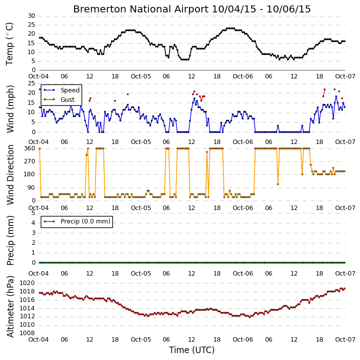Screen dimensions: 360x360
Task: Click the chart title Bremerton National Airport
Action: point(141,9)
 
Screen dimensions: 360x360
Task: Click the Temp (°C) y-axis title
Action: point(9,44)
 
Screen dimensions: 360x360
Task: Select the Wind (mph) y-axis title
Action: point(10,109)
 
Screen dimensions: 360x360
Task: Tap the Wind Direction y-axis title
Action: point(10,175)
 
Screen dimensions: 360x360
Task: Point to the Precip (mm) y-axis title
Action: point(10,241)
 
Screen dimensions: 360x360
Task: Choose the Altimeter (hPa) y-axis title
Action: point(10,306)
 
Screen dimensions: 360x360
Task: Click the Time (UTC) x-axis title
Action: point(192,350)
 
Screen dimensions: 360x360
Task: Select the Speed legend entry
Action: point(62,90)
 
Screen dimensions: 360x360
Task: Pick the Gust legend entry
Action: point(59,100)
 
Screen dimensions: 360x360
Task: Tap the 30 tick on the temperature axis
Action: point(31,16)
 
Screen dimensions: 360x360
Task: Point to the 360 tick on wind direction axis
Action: point(30,148)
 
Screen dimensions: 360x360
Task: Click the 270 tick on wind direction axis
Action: point(30,161)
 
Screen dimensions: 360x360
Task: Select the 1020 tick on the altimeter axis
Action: point(27,283)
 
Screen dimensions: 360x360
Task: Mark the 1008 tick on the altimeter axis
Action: point(27,333)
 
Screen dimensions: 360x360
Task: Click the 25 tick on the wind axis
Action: point(31,83)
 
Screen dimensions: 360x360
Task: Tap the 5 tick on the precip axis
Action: point(33,213)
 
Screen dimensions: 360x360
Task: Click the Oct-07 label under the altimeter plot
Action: point(345,340)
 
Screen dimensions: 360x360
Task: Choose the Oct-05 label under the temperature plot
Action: point(141,76)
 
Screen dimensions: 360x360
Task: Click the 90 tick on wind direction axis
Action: point(31,188)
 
